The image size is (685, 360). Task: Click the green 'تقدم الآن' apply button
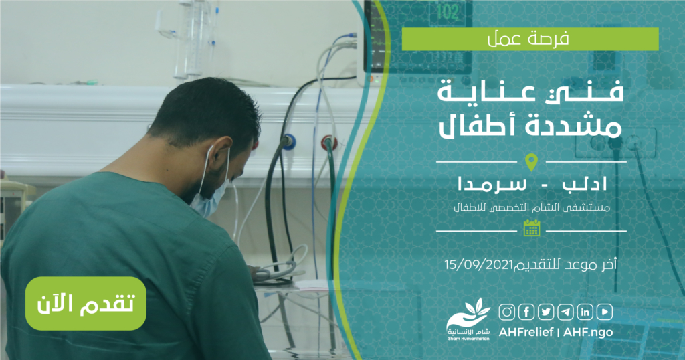pyautogui.click(x=86, y=303)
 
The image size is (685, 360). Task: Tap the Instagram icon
pyautogui.click(x=507, y=312)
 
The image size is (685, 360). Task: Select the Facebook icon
pyautogui.click(x=526, y=312)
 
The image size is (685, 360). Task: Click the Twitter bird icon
pyautogui.click(x=546, y=312)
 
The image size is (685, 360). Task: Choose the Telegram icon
pyautogui.click(x=566, y=312)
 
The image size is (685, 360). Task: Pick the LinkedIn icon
pyautogui.click(x=585, y=312)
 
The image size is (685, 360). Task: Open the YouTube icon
pyautogui.click(x=605, y=312)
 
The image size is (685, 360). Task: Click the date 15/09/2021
pyautogui.click(x=479, y=265)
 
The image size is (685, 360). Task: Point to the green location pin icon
pyautogui.click(x=531, y=163)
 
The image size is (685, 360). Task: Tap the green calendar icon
pyautogui.click(x=532, y=228)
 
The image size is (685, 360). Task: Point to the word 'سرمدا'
pyautogui.click(x=492, y=184)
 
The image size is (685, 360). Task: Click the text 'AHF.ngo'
pyautogui.click(x=588, y=332)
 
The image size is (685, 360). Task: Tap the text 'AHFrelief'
pyautogui.click(x=526, y=332)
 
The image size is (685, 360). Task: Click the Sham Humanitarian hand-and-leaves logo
pyautogui.click(x=468, y=320)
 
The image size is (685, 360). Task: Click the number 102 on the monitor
pyautogui.click(x=448, y=11)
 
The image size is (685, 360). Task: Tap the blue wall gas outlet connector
pyautogui.click(x=288, y=142)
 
